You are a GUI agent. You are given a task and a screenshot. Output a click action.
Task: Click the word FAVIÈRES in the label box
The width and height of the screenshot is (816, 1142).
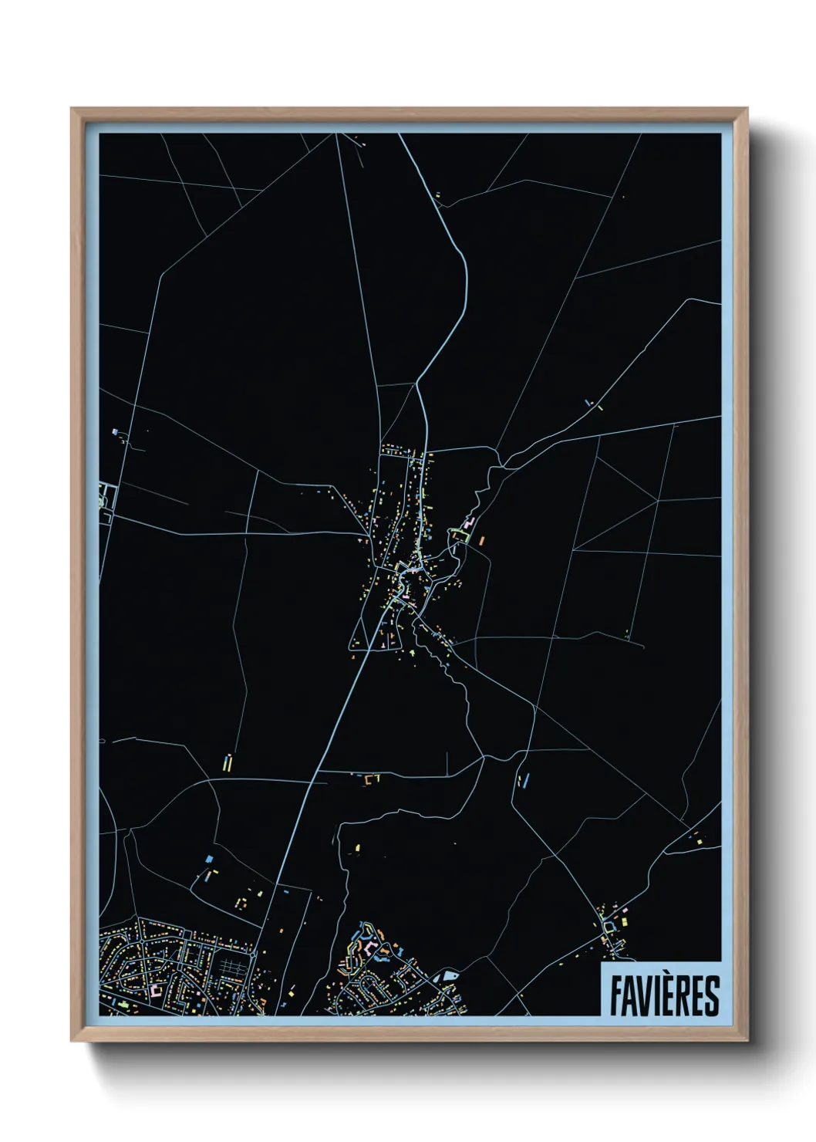[x=664, y=995]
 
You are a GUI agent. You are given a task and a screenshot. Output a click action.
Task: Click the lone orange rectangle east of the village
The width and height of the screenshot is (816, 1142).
[x=481, y=540]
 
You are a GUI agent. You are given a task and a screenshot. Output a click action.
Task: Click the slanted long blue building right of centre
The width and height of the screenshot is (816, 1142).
[x=527, y=781]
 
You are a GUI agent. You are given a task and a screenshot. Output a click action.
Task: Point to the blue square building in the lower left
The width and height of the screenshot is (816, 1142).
[x=209, y=858]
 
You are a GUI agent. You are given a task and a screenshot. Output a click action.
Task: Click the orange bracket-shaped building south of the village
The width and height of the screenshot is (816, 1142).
[x=373, y=779]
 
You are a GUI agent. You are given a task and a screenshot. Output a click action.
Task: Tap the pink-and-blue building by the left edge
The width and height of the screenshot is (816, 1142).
[x=116, y=433]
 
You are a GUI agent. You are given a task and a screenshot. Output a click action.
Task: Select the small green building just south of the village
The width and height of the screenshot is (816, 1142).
[x=411, y=653]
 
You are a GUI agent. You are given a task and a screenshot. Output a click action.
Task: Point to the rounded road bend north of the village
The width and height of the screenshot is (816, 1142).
[x=463, y=262]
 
